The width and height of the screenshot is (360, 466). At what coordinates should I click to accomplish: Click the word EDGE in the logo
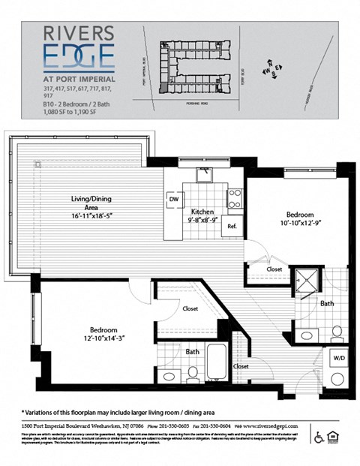coord(78,56)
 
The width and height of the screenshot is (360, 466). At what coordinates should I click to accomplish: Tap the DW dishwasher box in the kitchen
coord(173,200)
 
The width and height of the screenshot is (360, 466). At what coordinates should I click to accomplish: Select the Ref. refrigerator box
coord(232,227)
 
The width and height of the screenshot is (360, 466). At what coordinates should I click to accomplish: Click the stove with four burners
coord(235,197)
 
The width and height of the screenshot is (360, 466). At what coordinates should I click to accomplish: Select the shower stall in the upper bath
coord(304,280)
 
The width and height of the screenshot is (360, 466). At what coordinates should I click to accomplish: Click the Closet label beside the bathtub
coord(241,366)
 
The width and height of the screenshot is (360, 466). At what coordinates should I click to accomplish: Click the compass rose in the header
coord(270,69)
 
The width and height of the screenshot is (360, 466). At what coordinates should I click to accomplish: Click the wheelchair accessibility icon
coord(319,435)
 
